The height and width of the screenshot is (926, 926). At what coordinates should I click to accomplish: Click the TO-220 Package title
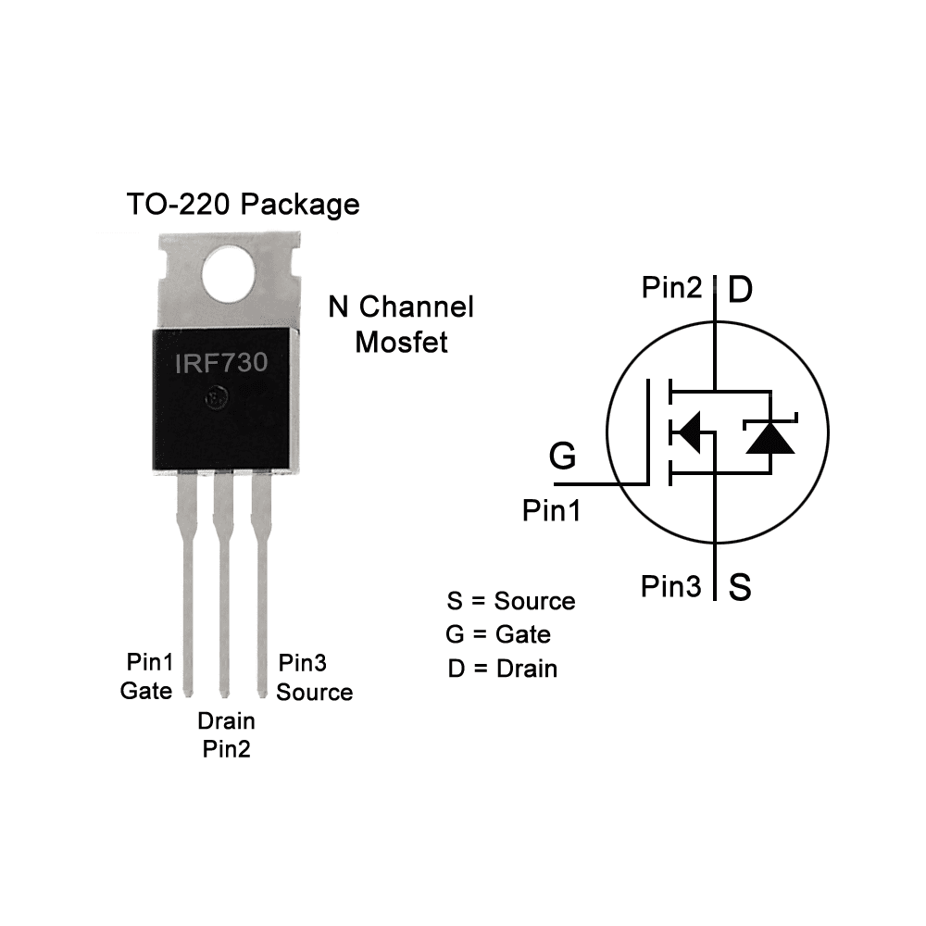[x=243, y=204]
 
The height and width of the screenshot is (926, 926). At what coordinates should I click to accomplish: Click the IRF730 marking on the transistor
[x=221, y=362]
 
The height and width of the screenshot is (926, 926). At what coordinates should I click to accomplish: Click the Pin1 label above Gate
[x=149, y=662]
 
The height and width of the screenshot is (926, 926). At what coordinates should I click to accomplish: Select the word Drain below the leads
[x=226, y=720]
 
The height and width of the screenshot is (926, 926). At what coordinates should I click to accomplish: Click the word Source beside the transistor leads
[x=315, y=692]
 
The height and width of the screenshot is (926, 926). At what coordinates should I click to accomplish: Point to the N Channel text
[x=401, y=307]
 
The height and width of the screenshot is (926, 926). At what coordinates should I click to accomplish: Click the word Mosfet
[x=401, y=342]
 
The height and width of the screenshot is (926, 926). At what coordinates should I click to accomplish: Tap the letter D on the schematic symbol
[x=740, y=290]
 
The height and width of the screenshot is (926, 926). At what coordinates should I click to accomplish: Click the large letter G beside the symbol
[x=562, y=457]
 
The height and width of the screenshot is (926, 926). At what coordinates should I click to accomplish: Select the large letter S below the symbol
[x=739, y=587]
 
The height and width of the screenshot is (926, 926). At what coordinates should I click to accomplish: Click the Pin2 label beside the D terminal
[x=671, y=288]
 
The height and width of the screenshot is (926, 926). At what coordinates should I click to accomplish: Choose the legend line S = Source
[x=510, y=601]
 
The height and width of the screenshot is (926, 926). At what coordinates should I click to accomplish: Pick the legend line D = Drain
[x=502, y=668]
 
